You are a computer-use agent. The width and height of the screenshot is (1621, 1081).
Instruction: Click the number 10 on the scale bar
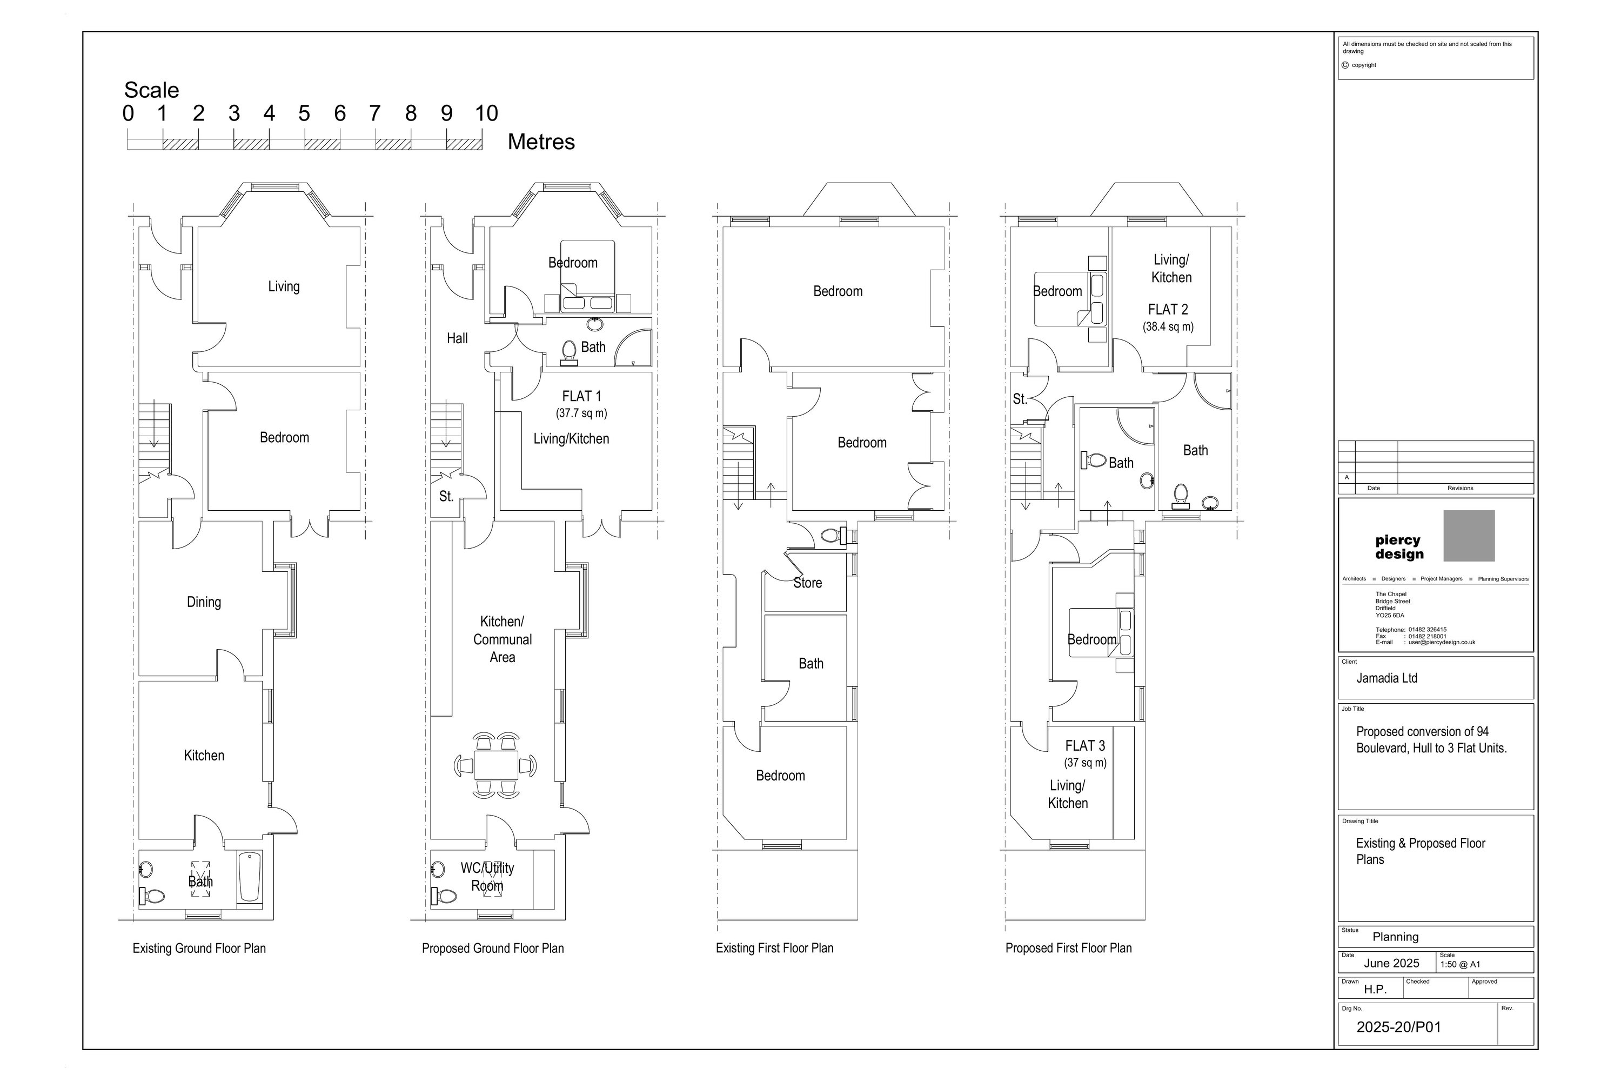[486, 113]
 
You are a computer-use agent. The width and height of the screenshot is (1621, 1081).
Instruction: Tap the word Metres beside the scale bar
[541, 142]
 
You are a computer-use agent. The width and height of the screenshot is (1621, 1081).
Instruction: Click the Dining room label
[204, 603]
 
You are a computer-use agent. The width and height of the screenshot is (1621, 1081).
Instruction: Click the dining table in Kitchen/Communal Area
[496, 765]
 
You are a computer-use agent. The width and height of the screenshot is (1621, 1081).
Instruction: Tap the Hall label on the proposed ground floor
[457, 338]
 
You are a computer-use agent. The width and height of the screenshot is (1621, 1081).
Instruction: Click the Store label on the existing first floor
[808, 583]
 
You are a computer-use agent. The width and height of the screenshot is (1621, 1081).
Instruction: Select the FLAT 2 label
[1168, 310]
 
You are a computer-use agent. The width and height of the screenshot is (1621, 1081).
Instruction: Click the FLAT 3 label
[1086, 746]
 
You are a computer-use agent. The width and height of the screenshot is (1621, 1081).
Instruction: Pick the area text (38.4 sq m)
[1168, 327]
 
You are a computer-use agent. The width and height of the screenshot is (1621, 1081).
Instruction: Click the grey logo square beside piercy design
[1469, 536]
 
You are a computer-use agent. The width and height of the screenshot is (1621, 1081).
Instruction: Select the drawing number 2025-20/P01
[1398, 1027]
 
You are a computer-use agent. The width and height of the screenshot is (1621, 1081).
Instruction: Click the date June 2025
[1391, 964]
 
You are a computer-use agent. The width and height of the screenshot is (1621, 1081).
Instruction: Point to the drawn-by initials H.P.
[1375, 989]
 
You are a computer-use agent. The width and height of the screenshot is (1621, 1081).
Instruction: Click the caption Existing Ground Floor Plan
[199, 949]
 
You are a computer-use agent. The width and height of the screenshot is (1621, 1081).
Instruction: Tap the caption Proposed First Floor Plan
[1068, 949]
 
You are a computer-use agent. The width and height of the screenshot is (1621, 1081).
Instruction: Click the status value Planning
[1396, 937]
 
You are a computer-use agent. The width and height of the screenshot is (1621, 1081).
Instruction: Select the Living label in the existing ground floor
[284, 287]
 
